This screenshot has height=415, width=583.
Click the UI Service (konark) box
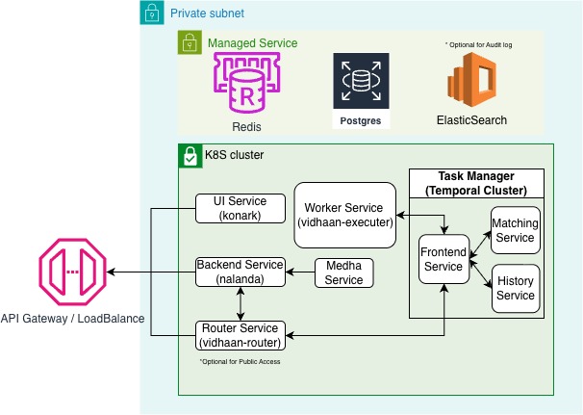click(240, 207)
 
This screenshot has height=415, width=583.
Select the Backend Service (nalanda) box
click(240, 272)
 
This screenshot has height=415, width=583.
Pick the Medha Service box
click(344, 272)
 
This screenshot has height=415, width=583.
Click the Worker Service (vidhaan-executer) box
click(344, 215)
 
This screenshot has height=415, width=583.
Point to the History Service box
click(516, 288)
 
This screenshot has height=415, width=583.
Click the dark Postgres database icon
click(362, 84)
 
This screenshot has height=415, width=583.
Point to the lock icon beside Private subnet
click(153, 13)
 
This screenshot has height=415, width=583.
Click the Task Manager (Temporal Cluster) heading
click(477, 184)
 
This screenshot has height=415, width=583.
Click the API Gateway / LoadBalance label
click(72, 319)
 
